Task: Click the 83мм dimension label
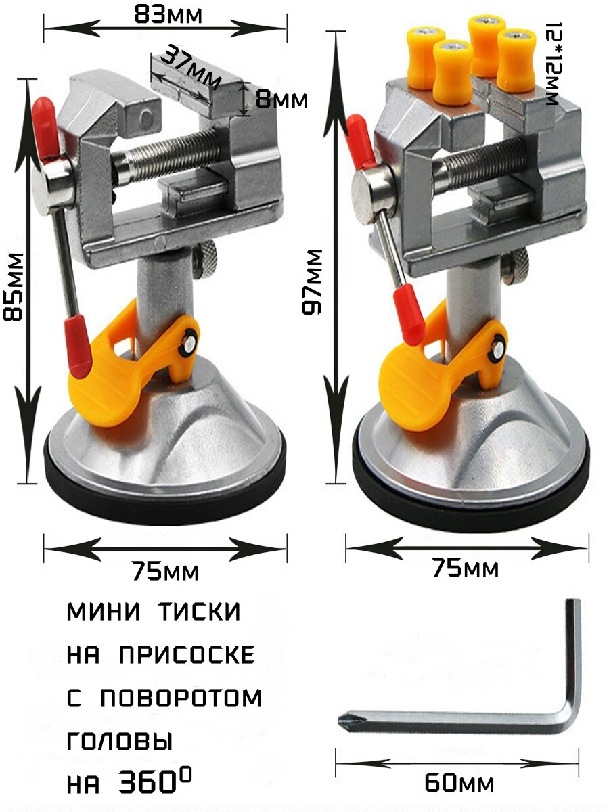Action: coord(168,14)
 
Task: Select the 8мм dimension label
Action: coord(281,100)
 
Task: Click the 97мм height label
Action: coord(312,281)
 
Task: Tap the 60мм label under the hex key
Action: coord(459,783)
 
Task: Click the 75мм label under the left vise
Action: coord(165,572)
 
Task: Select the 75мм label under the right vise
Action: coord(465,568)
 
